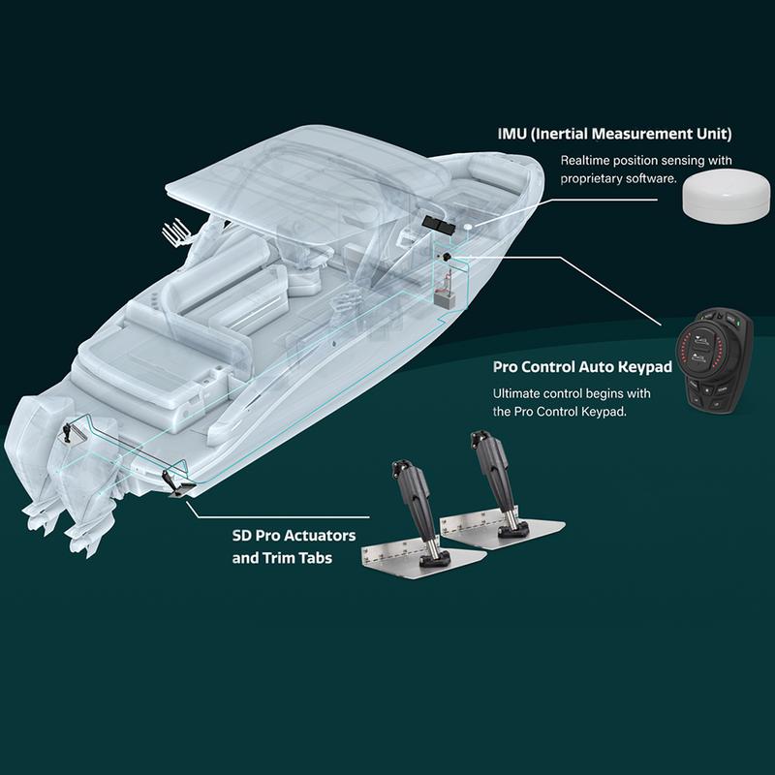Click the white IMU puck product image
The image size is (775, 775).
[x=726, y=198]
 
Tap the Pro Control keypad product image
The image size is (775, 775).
[x=714, y=360]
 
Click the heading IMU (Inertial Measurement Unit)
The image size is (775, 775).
[x=615, y=134]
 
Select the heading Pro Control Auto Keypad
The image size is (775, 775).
[x=583, y=367]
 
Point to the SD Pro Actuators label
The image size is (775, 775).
[x=294, y=536]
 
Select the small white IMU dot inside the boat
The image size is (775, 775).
[x=467, y=226]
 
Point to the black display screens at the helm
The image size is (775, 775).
[x=439, y=224]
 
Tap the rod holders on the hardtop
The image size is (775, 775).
[x=175, y=231]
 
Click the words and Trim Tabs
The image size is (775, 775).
[x=282, y=558]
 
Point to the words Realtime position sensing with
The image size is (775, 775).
[x=646, y=161]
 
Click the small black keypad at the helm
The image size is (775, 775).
[x=447, y=257]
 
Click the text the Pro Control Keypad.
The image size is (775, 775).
[x=560, y=412]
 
